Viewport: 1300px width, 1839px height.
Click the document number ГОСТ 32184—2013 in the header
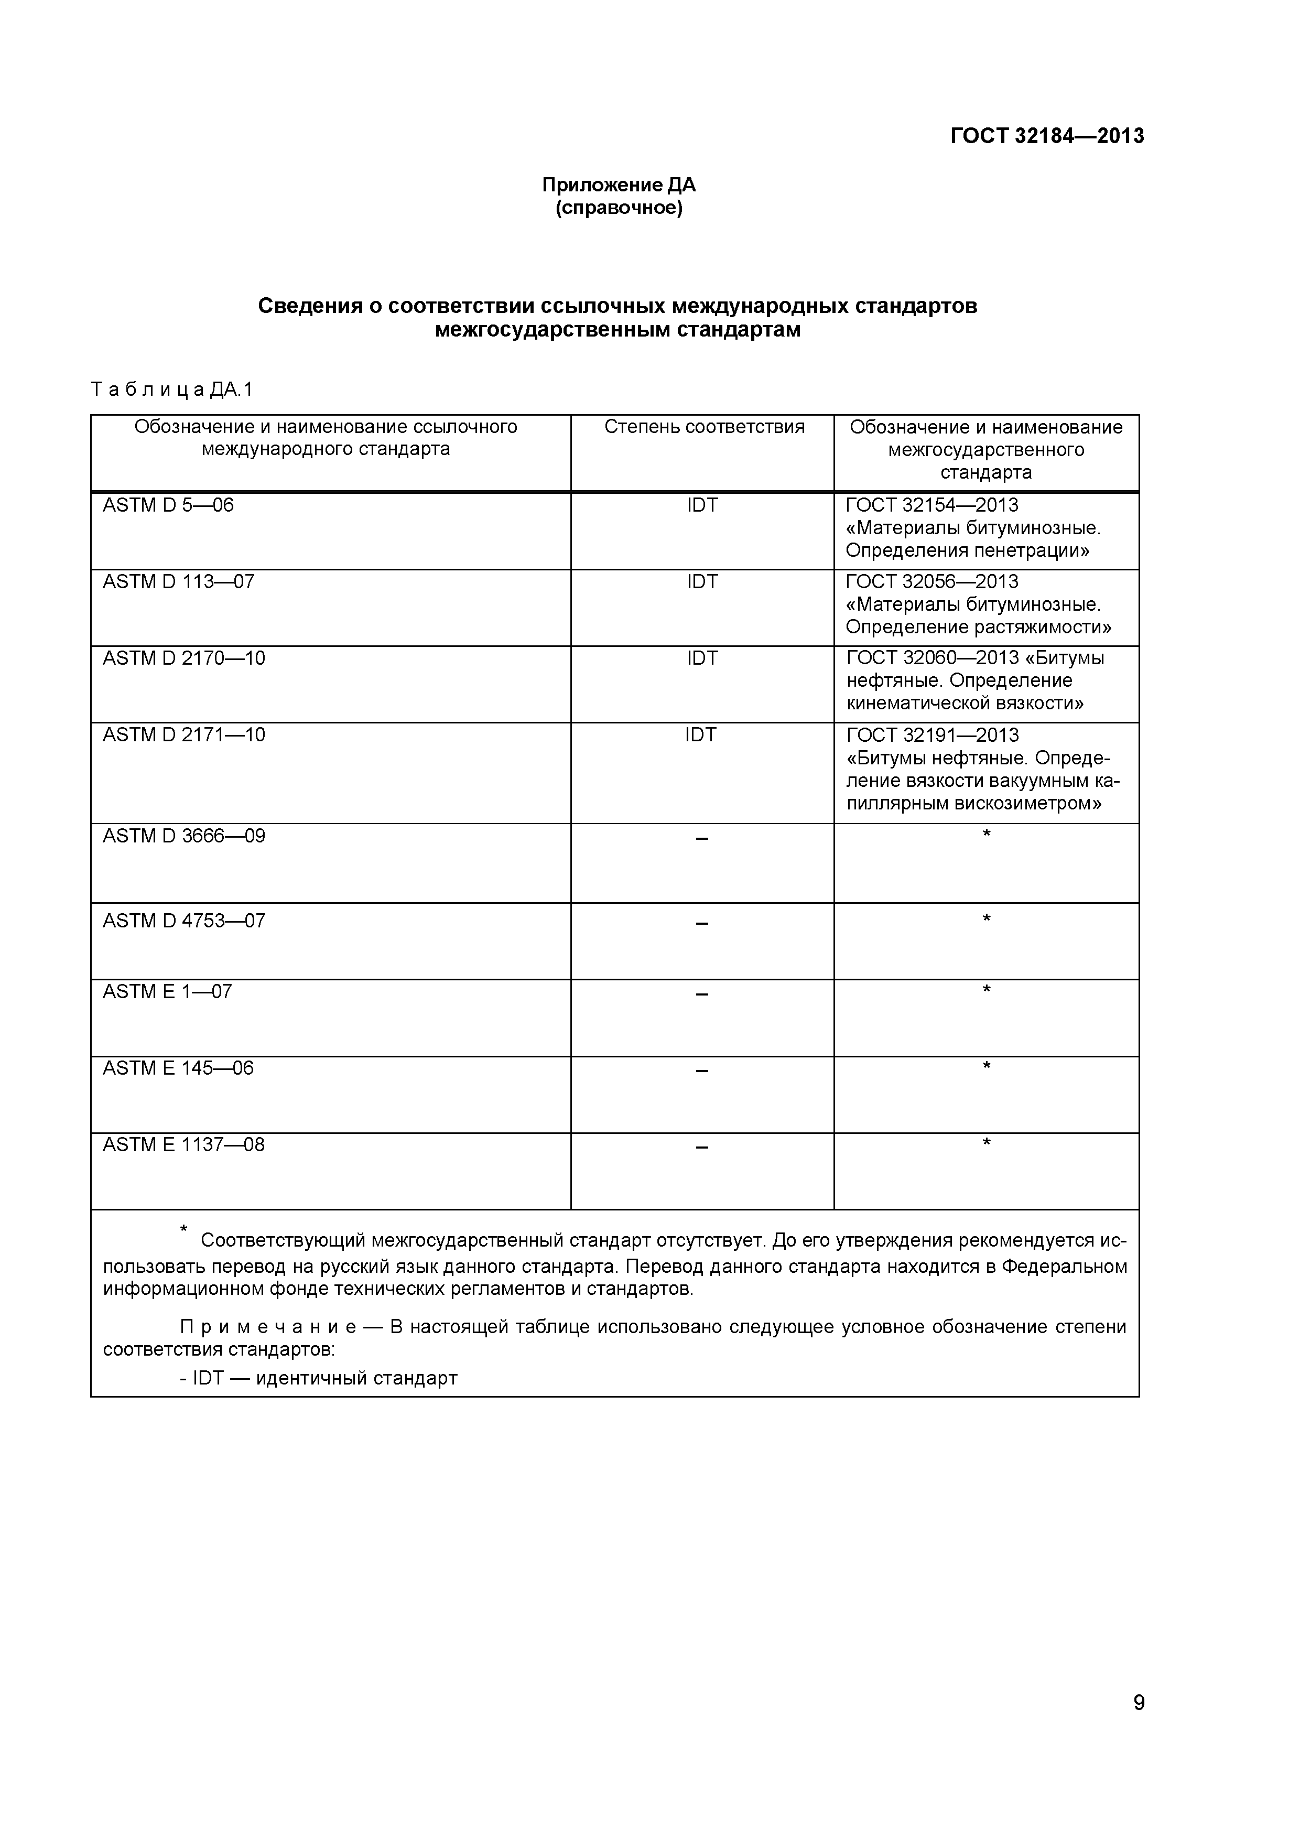click(x=1046, y=136)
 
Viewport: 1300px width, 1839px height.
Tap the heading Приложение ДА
click(x=619, y=185)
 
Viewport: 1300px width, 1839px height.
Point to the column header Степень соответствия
click(x=703, y=427)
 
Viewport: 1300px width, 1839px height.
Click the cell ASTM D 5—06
click(x=168, y=505)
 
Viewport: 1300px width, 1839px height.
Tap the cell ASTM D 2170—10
click(x=183, y=658)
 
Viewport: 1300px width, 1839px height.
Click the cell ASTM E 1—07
click(x=167, y=992)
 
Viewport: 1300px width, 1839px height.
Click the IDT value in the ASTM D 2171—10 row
click(x=700, y=735)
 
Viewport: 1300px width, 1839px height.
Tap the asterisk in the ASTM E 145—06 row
click(x=986, y=1066)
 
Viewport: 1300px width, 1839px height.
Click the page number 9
click(x=1138, y=1725)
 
